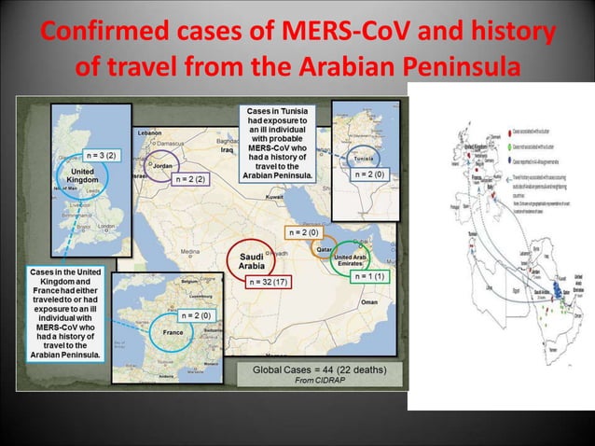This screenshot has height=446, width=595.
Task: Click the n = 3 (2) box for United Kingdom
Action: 100,154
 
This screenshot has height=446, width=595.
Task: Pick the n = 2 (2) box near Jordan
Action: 190,178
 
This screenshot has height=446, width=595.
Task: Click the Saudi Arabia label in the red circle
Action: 251,258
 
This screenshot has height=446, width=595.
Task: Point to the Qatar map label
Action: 325,250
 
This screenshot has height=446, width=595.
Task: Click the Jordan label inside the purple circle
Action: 163,165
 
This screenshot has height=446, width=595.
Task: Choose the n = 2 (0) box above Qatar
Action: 304,232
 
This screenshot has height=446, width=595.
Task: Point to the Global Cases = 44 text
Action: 317,369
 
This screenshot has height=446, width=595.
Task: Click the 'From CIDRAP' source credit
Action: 317,380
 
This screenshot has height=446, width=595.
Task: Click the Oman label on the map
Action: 372,302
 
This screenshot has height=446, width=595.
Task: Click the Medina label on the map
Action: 190,252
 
